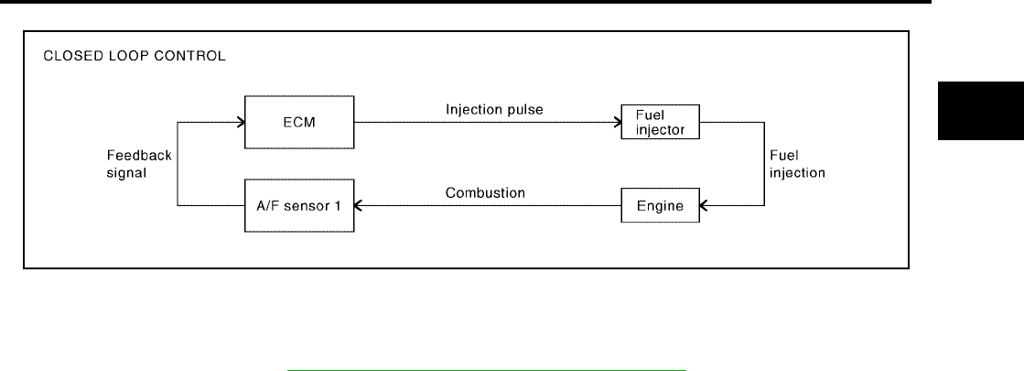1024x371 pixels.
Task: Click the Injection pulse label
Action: point(494,109)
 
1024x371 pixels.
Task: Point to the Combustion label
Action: point(485,192)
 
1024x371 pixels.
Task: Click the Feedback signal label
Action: point(139,165)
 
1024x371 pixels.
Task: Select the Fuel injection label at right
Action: point(797,165)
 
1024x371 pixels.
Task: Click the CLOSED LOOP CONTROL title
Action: point(135,56)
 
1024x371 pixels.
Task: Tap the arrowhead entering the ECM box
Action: point(241,122)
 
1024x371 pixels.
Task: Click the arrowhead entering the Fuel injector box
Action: point(618,122)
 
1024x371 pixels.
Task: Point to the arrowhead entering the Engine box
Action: point(704,206)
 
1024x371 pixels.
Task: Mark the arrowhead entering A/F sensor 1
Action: point(359,206)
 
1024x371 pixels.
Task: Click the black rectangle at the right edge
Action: point(981,111)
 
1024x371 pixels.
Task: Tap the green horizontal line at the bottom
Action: point(487,370)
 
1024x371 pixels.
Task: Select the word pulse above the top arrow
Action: point(525,110)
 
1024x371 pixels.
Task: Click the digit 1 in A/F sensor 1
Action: point(337,206)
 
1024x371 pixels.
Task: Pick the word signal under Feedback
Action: point(126,174)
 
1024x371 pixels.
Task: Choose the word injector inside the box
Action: point(660,129)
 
